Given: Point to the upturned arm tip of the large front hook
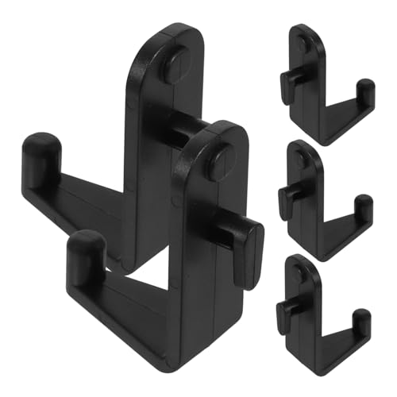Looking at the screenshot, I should [x=85, y=248].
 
